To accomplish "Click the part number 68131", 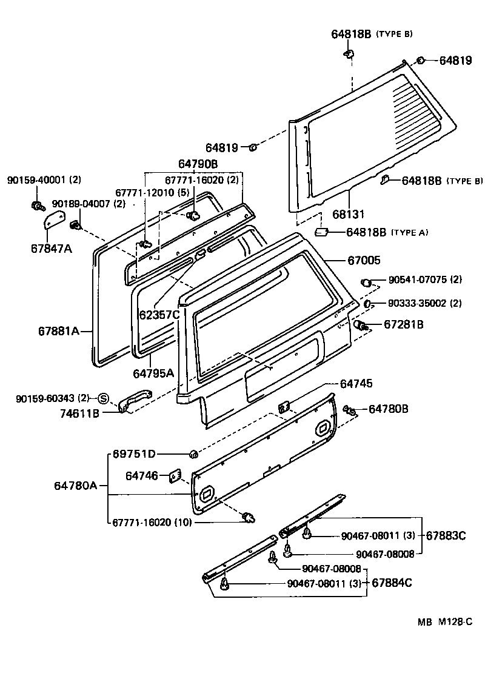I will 350,215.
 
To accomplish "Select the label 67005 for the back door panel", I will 364,261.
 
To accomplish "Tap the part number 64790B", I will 198,164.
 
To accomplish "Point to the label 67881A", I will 59,331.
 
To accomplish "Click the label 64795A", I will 153,373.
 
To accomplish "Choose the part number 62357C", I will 159,315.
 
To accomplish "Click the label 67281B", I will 403,325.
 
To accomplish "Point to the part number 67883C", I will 446,535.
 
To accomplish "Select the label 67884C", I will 392,583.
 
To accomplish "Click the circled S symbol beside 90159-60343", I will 102,398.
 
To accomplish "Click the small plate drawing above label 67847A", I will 56,219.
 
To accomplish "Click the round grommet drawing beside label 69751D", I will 193,454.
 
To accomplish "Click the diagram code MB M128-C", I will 444,622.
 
